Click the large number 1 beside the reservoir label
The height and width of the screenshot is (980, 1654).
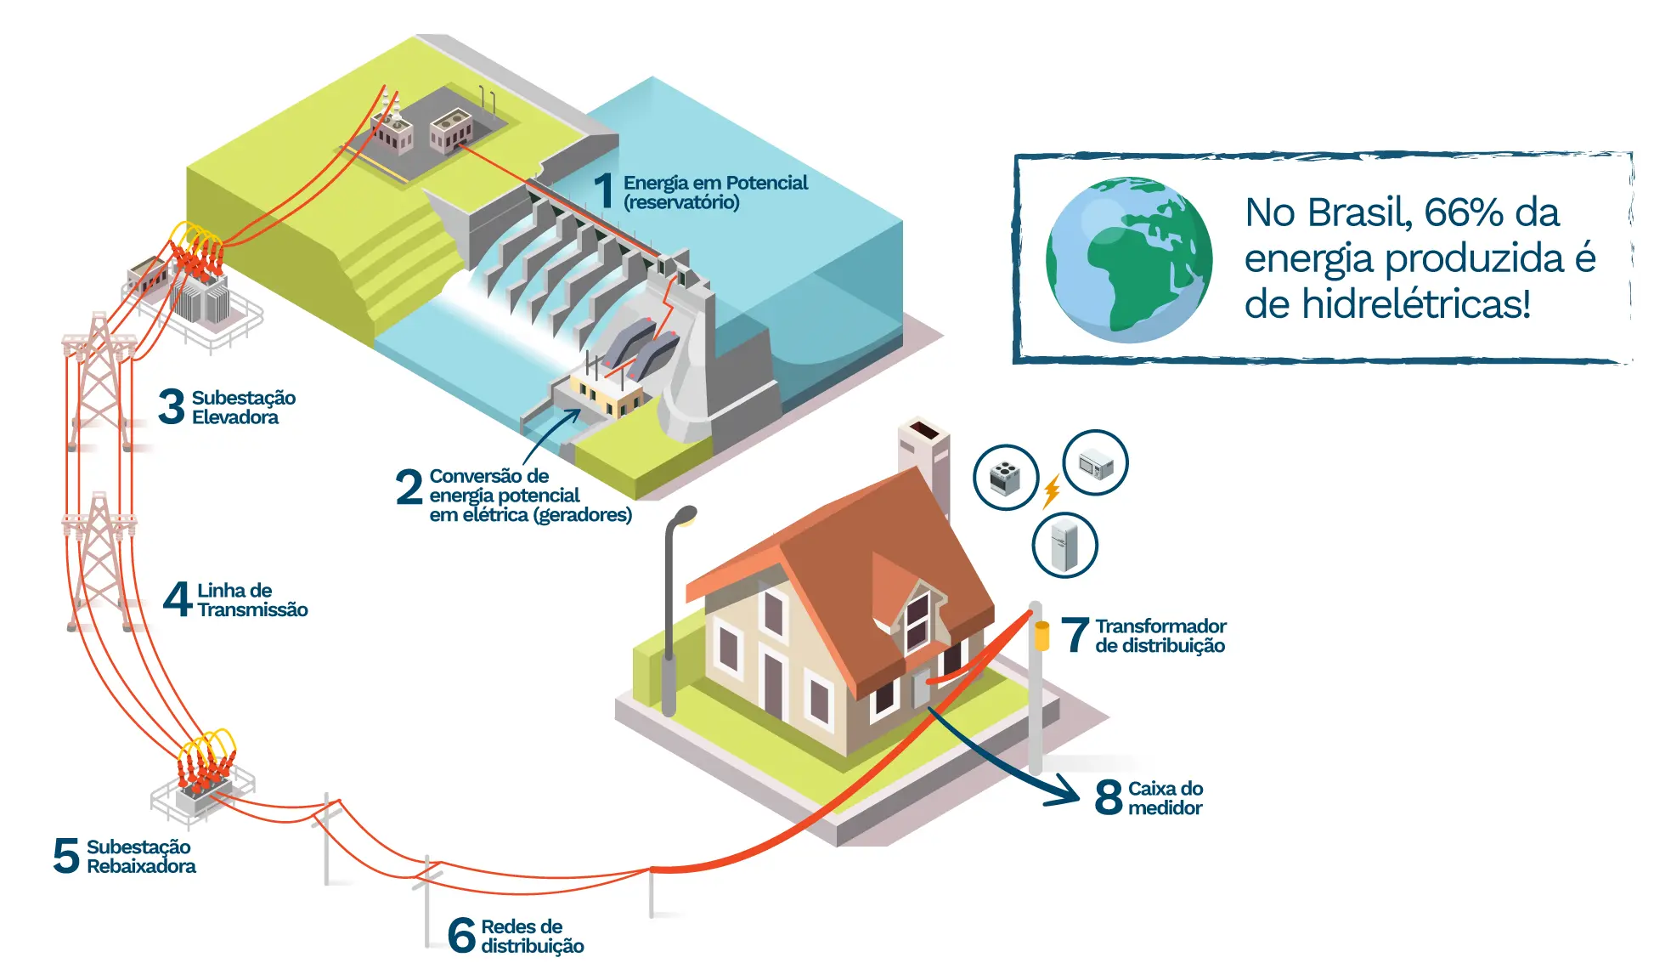[x=603, y=190]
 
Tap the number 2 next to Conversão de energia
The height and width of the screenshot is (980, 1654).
[x=409, y=487]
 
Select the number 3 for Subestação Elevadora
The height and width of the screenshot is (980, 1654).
[x=172, y=406]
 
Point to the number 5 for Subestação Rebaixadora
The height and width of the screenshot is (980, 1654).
[x=66, y=855]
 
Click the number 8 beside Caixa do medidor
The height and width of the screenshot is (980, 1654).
[x=1109, y=797]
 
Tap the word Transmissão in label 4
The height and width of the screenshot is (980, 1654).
[x=252, y=609]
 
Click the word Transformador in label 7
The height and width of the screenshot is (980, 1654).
[x=1160, y=626]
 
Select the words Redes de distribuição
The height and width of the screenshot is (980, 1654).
[x=532, y=936]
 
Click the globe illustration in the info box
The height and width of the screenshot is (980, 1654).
[x=1129, y=259]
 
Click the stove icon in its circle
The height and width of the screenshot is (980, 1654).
[x=1006, y=478]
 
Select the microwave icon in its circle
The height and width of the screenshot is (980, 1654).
[x=1096, y=464]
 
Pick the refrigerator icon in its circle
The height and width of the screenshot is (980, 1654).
[x=1064, y=546]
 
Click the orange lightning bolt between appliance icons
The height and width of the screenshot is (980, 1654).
[x=1053, y=491]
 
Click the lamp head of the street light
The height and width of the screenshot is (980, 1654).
[x=685, y=514]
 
